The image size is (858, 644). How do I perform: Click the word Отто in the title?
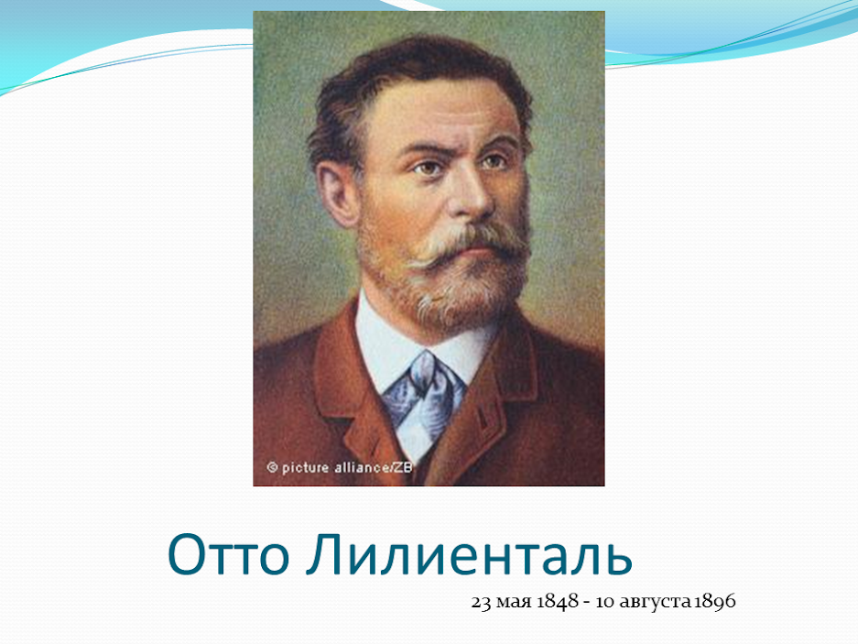tap(228, 554)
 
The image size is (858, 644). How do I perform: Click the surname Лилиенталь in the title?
tap(469, 554)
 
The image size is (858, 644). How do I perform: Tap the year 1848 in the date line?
tap(557, 601)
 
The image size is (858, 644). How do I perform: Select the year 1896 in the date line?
tap(714, 601)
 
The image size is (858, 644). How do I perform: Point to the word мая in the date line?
tap(514, 604)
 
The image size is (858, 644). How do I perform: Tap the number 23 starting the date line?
tap(481, 602)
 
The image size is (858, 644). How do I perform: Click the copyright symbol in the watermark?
tap(272, 468)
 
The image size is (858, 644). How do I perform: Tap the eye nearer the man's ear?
tap(427, 167)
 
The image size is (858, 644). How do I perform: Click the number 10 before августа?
tap(605, 602)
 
